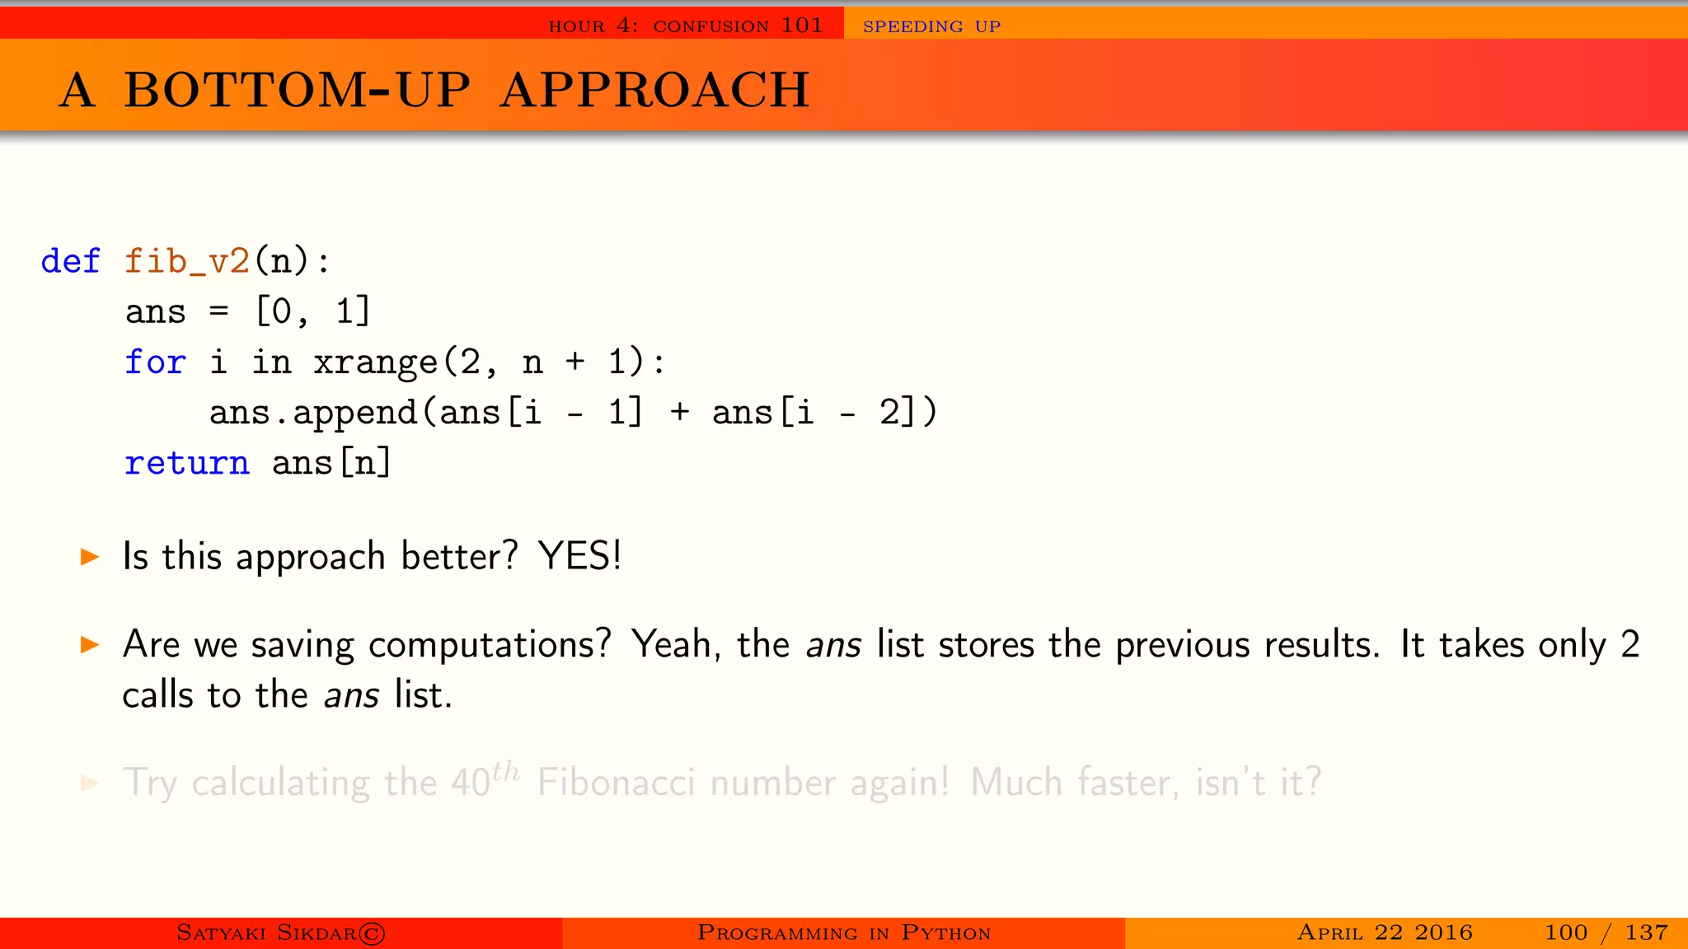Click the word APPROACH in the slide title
pos(655,90)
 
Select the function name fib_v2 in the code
pos(187,262)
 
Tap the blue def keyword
pos(71,262)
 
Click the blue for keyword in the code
pos(155,362)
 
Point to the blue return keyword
pos(186,463)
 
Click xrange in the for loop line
pos(376,362)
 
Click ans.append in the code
pos(313,413)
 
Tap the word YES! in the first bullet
pos(579,556)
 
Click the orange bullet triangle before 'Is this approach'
pos(90,558)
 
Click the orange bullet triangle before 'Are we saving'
pos(90,645)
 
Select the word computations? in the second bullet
pos(490,645)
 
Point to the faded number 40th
pos(485,780)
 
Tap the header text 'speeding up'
pos(931,26)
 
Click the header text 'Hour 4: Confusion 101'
pos(686,26)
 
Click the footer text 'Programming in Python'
pos(844,933)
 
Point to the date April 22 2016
pos(1385,933)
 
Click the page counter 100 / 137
pos(1606,933)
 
